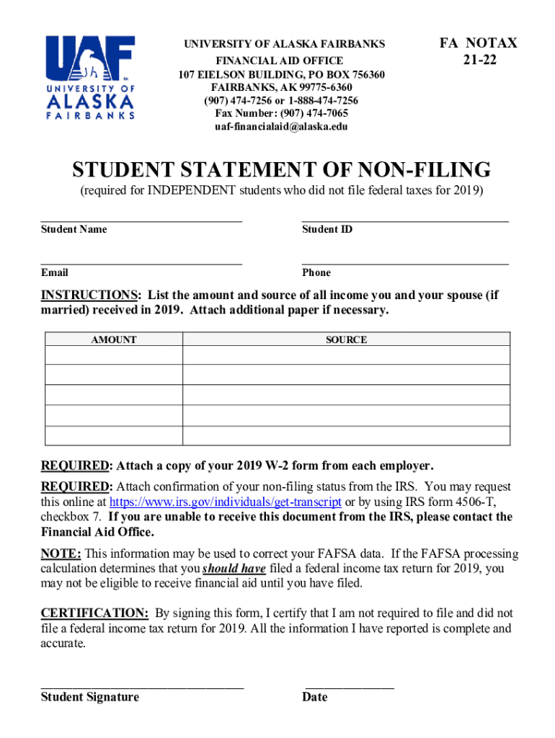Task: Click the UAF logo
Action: click(x=91, y=77)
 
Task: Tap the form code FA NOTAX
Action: click(x=479, y=43)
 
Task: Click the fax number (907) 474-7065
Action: click(x=282, y=114)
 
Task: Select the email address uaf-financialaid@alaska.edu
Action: click(x=282, y=127)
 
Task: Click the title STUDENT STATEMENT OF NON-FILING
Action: click(x=282, y=171)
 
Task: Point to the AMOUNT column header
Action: click(x=114, y=339)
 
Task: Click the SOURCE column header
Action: click(x=346, y=339)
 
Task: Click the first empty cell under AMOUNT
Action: click(x=114, y=355)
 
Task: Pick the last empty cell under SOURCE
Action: click(x=346, y=436)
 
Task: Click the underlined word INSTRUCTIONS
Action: click(x=90, y=295)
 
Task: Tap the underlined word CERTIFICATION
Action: click(x=94, y=613)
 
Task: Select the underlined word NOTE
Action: click(x=61, y=554)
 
